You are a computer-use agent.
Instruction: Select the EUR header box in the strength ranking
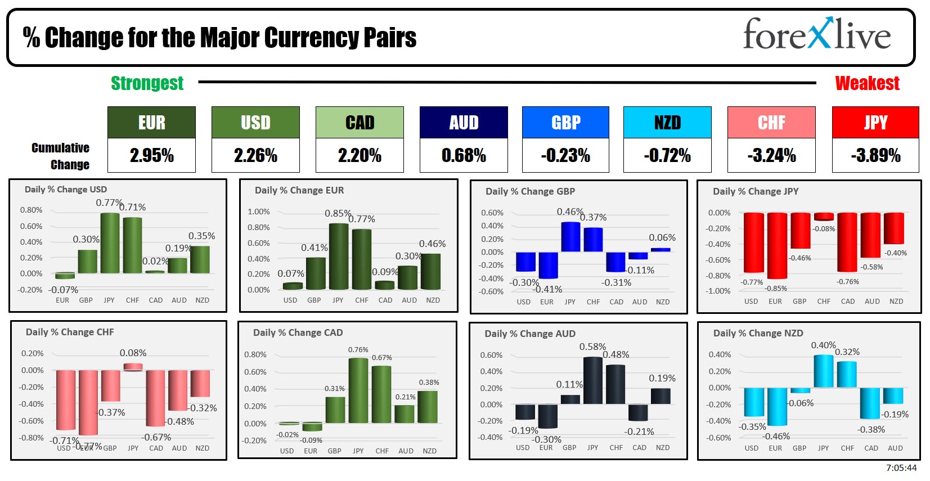151,122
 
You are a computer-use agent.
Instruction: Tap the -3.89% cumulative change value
875,155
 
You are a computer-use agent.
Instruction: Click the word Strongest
147,83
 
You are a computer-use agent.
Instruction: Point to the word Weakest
867,83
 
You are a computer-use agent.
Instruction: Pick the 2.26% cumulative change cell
255,155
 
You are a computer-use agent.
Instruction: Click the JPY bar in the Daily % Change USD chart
110,243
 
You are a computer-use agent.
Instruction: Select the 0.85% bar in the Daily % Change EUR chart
338,257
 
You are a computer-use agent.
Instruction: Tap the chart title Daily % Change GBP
530,191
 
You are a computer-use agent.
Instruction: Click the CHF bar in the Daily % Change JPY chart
824,217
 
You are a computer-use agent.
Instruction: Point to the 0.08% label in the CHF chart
133,353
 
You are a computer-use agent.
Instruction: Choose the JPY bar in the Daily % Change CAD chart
358,390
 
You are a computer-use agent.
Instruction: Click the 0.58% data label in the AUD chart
592,347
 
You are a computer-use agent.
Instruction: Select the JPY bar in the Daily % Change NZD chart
824,371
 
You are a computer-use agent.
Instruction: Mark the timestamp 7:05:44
901,468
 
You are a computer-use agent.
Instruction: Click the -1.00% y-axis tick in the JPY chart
719,291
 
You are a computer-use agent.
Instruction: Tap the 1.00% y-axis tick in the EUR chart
259,212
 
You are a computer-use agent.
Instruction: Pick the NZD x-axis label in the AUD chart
663,448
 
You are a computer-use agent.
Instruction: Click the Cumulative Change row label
61,156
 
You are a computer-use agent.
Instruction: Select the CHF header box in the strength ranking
771,122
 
